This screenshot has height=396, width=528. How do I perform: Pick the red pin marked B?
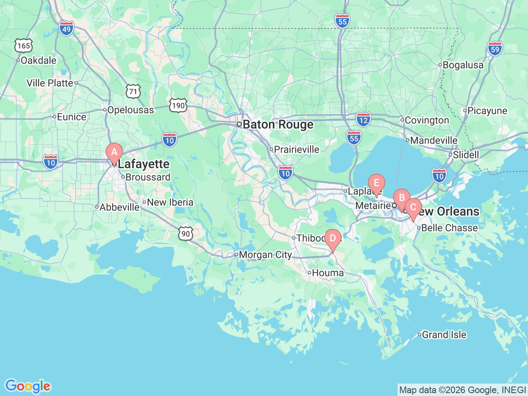401,198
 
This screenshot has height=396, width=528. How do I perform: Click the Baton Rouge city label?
278,125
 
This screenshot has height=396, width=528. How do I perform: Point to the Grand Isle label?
444,335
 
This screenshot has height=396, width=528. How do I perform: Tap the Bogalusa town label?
463,65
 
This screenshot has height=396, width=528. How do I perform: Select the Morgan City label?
265,255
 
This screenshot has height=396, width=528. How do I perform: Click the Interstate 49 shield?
66,28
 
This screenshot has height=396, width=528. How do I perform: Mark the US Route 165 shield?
24,45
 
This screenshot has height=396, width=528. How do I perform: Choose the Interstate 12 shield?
363,120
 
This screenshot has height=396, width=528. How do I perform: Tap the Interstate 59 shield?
495,49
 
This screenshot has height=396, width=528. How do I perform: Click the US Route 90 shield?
186,234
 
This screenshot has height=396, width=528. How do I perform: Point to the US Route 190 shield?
178,106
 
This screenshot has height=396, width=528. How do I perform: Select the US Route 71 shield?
133,91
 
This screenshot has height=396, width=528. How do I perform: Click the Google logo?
28,386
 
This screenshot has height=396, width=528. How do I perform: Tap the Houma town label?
328,273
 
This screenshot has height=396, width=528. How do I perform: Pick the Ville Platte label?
50,83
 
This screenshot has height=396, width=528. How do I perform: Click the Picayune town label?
487,111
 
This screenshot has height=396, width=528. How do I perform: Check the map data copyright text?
462,390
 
